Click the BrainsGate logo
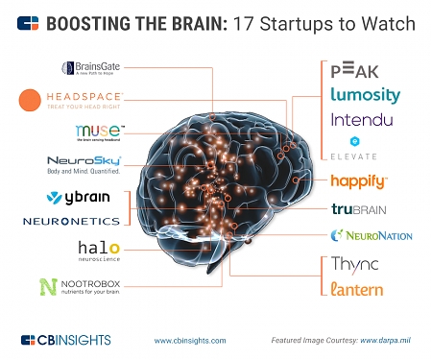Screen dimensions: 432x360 tap(93, 68)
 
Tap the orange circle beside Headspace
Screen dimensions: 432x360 tap(30, 100)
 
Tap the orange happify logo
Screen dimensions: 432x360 tap(358, 180)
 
